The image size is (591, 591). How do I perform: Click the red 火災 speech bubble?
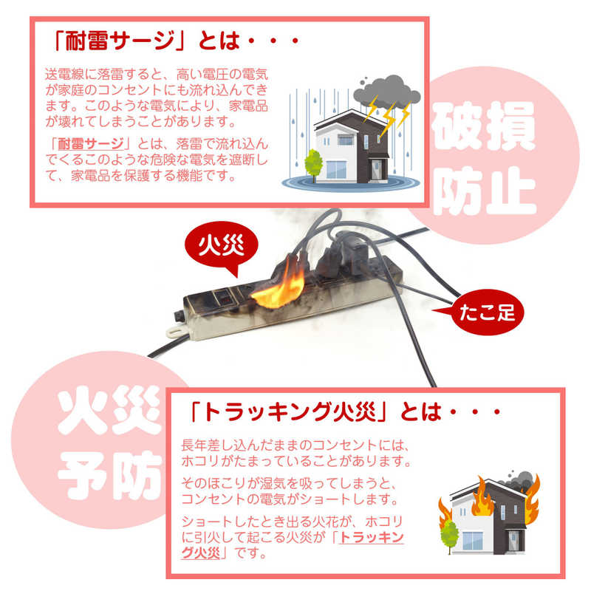point(221,246)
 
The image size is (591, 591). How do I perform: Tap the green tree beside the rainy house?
point(313,164)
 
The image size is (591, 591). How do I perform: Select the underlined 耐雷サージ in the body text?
point(91,143)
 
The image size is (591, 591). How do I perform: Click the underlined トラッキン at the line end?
point(372,537)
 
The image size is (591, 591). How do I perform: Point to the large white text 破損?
point(485,126)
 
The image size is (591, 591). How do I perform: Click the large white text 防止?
point(485,191)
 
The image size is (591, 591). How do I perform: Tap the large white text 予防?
point(110,476)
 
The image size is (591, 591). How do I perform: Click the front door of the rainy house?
point(376,170)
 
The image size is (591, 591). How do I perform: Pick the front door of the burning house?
point(513,541)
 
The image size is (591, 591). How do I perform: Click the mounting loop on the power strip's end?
point(176,332)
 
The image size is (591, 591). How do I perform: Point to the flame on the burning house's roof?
point(483,496)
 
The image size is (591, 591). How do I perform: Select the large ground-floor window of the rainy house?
point(336,170)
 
